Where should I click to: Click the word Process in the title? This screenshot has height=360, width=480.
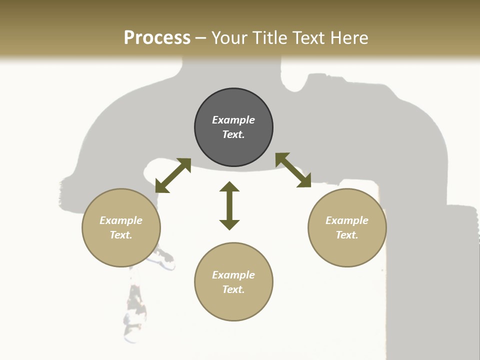coord(157,38)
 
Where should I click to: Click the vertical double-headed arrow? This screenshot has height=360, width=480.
coord(229,205)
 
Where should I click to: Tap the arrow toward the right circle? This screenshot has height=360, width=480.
coord(293,170)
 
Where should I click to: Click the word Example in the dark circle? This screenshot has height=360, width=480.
coord(233,120)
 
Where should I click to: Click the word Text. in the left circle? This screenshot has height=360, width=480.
coord(121,235)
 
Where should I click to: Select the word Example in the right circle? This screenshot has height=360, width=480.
coord(347,220)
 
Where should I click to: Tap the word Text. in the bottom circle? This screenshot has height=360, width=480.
coord(233,289)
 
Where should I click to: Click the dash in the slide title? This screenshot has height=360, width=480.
coord(201,38)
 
